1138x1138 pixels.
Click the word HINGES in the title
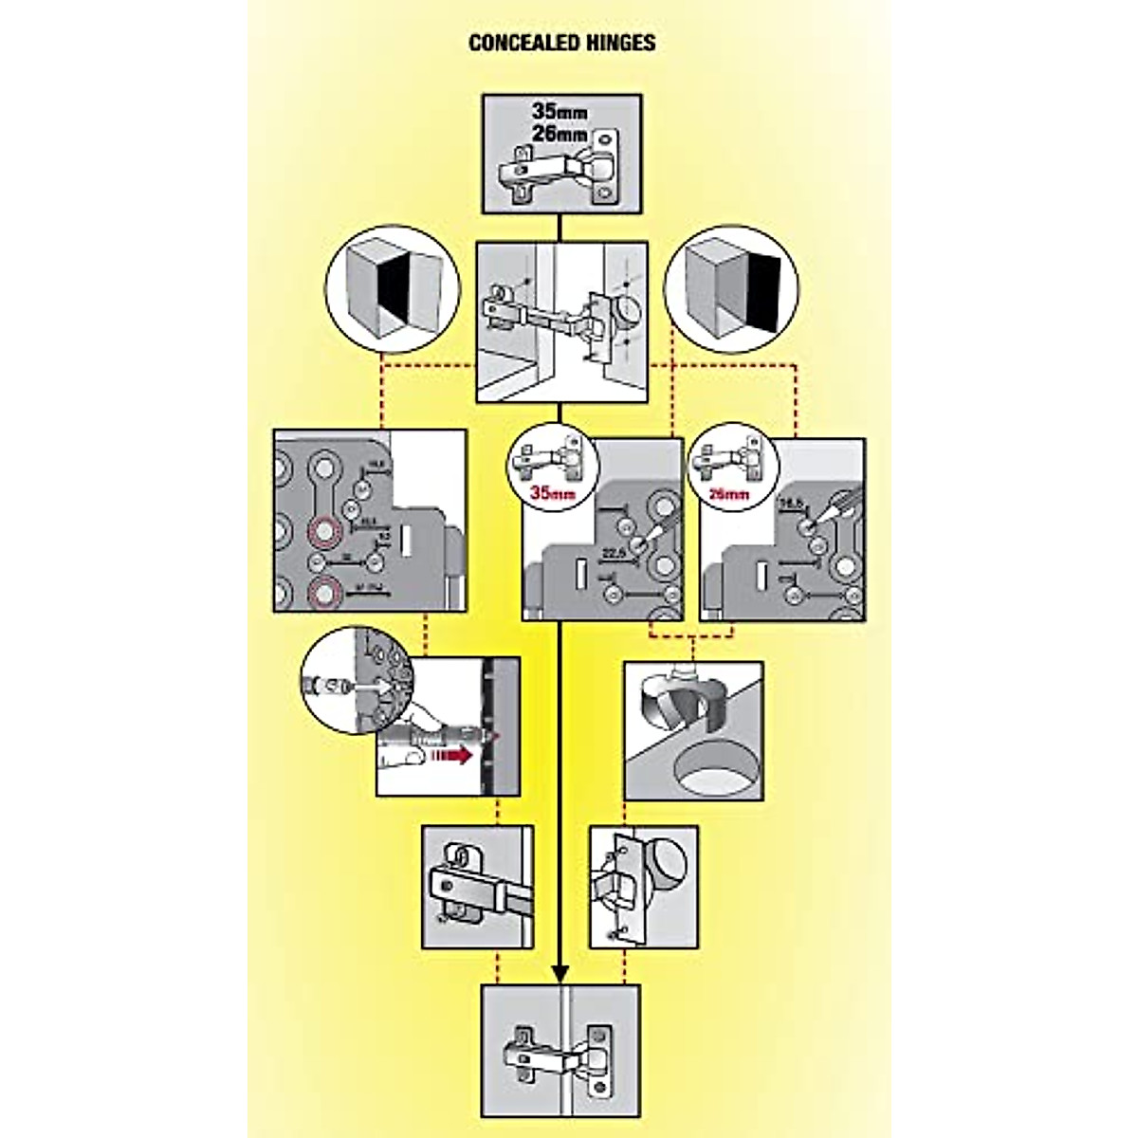coord(621,43)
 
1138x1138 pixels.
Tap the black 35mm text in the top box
coord(560,111)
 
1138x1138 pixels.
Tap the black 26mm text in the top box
coord(560,134)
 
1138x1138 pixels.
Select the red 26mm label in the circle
coord(731,493)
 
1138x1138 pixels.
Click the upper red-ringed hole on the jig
coord(323,532)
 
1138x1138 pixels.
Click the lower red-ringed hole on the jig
coord(323,592)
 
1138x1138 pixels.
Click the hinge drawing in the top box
coord(560,173)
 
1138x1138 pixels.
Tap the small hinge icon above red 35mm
coord(546,457)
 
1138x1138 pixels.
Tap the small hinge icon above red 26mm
coord(731,458)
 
